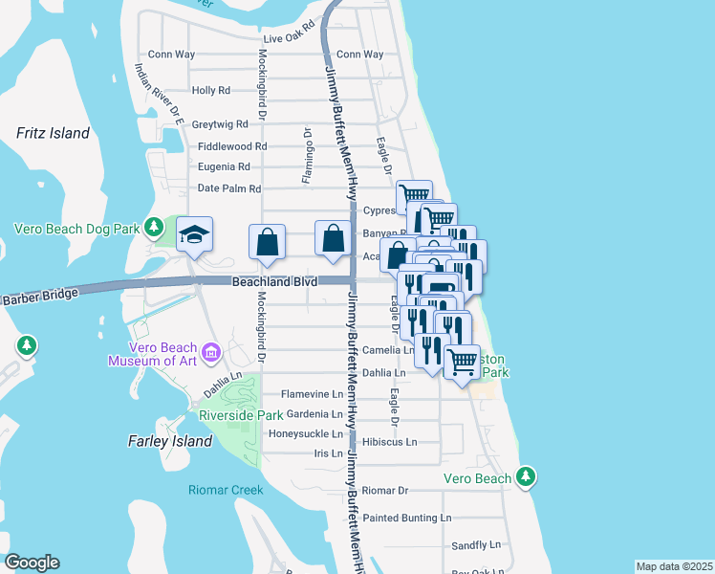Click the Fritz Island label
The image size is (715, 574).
coord(53,134)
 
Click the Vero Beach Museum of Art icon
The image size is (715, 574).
coord(212,354)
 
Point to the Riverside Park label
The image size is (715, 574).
coord(241,415)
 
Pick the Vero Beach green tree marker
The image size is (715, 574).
coord(525,475)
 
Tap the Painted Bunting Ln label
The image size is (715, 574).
coord(406,518)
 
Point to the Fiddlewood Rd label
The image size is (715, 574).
coord(232,146)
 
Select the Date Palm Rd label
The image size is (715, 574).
coord(228,188)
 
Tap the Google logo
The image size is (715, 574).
coord(32,563)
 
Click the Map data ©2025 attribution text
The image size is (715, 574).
coord(674,566)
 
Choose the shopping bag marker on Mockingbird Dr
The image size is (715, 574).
coord(267,241)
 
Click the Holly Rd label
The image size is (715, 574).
coord(211,91)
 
